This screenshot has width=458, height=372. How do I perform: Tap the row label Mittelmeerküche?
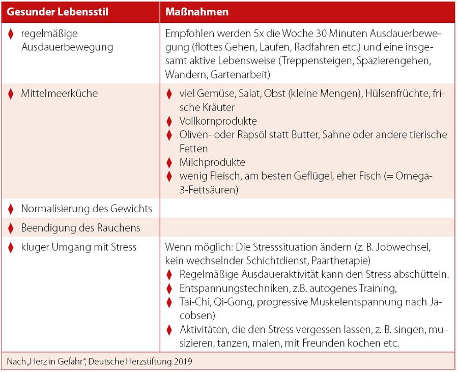point(59,94)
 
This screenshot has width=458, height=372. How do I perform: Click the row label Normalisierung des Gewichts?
point(87,209)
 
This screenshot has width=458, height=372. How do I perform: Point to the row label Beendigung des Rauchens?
point(80,228)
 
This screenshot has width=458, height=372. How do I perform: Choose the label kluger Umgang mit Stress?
point(79,247)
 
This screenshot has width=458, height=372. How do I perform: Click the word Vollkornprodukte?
point(218,121)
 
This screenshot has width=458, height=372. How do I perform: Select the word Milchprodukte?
point(212,162)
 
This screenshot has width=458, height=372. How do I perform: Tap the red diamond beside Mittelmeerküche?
point(11,94)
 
